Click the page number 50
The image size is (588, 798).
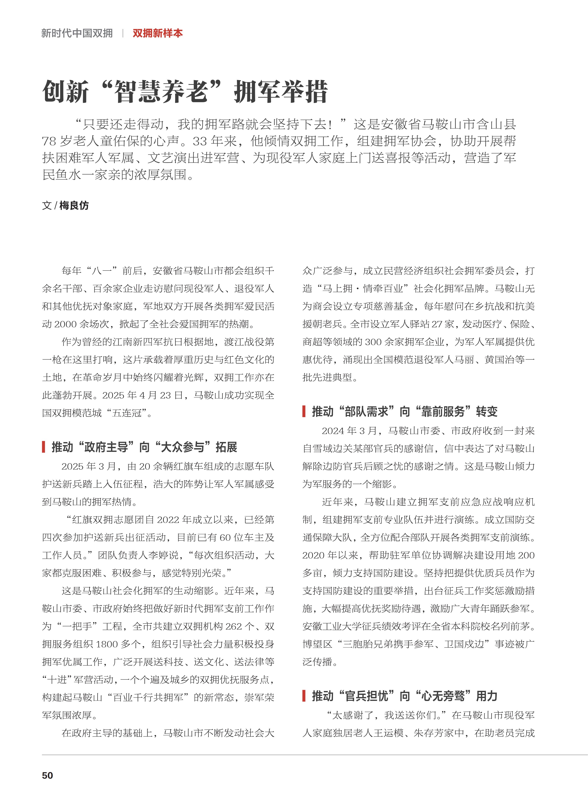(47, 775)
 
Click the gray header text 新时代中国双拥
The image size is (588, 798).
(77, 34)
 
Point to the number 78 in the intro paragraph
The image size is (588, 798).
(49, 141)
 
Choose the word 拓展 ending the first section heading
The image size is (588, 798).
(226, 447)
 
